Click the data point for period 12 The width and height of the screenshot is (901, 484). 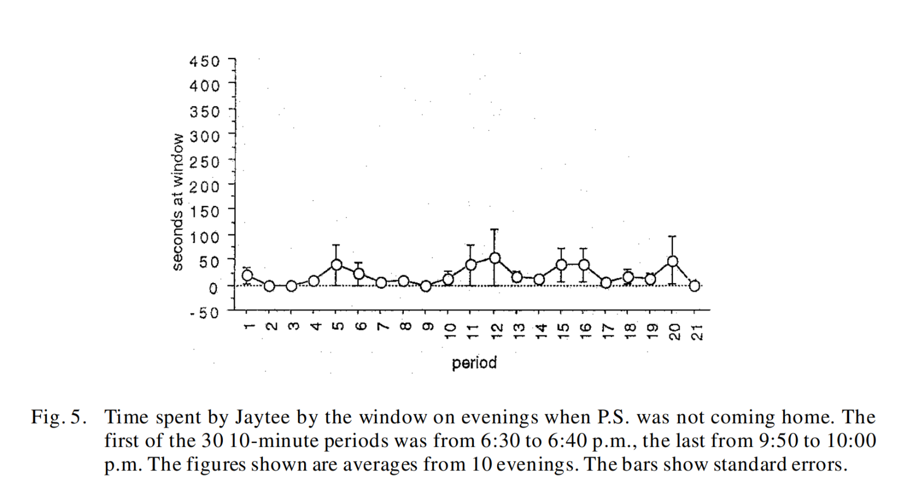pyautogui.click(x=494, y=258)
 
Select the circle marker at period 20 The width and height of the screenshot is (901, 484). pyautogui.click(x=672, y=261)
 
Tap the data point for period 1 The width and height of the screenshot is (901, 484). pyautogui.click(x=247, y=275)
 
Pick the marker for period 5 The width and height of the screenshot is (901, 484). pyautogui.click(x=336, y=265)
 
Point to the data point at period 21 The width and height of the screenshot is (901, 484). pyautogui.click(x=695, y=286)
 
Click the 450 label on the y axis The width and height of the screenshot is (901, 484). pyautogui.click(x=204, y=61)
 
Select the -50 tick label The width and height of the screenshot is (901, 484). pyautogui.click(x=204, y=313)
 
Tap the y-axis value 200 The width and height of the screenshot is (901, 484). pyautogui.click(x=204, y=186)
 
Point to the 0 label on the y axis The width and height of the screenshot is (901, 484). pyautogui.click(x=213, y=288)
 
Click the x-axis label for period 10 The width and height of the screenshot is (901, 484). pyautogui.click(x=449, y=330)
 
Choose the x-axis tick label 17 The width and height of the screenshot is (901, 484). pyautogui.click(x=606, y=330)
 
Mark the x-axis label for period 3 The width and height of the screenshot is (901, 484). pyautogui.click(x=292, y=326)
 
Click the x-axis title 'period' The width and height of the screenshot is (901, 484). pyautogui.click(x=474, y=363)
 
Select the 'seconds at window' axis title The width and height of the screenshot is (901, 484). pyautogui.click(x=178, y=201)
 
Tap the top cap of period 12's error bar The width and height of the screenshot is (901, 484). pyautogui.click(x=494, y=230)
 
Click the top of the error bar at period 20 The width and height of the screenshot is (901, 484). pyautogui.click(x=672, y=236)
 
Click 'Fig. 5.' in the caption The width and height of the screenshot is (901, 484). pyautogui.click(x=59, y=417)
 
